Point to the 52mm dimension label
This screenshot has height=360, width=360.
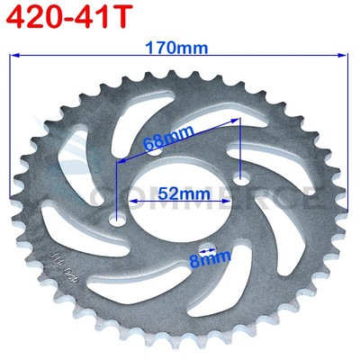pos(178,192)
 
